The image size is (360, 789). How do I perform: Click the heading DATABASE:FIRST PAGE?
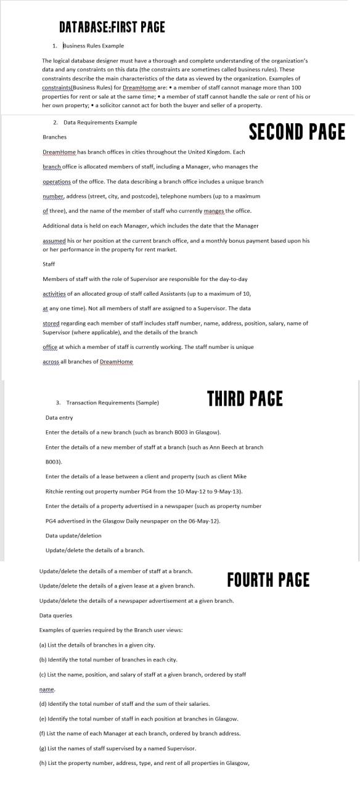pyautogui.click(x=112, y=27)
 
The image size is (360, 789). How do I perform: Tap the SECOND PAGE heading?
pyautogui.click(x=297, y=132)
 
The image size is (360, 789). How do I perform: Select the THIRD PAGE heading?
pyautogui.click(x=245, y=399)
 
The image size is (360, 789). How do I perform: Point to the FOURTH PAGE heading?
pyautogui.click(x=268, y=580)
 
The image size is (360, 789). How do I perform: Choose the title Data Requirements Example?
pyautogui.click(x=100, y=123)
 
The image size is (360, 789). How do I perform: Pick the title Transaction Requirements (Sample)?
pyautogui.click(x=112, y=403)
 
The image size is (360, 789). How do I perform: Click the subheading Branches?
pyautogui.click(x=54, y=137)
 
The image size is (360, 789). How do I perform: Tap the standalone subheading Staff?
pyautogui.click(x=49, y=264)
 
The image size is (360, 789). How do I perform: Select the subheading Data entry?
pyautogui.click(x=59, y=417)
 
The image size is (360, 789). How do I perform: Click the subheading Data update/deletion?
pyautogui.click(x=73, y=536)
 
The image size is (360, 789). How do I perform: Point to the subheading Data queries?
pyautogui.click(x=55, y=615)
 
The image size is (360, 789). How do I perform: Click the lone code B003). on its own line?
pyautogui.click(x=54, y=461)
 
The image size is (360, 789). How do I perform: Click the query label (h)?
pyautogui.click(x=43, y=763)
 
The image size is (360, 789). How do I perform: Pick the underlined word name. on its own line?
pyautogui.click(x=47, y=689)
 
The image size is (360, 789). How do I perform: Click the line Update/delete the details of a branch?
pyautogui.click(x=95, y=550)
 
